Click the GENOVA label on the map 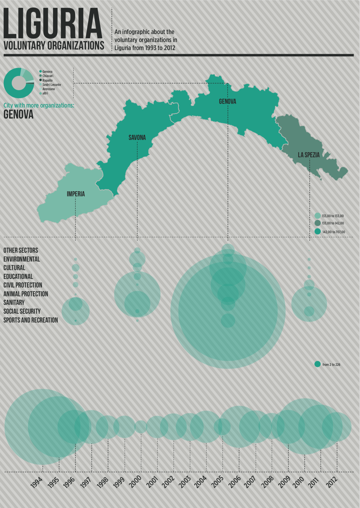pos(227,101)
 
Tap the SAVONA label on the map pos(137,137)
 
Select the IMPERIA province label pos(76,194)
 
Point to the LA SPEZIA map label pos(309,155)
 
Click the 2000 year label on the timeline pos(135,482)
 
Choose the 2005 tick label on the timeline pos(217,482)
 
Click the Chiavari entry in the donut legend pos(48,76)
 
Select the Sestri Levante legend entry pos(52,85)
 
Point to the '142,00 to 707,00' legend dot pos(317,232)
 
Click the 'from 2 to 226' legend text pos(331,364)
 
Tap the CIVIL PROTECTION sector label pos(23,285)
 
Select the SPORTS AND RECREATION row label pos(30,320)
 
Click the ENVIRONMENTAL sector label pos(22,259)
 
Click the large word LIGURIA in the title pos(53,24)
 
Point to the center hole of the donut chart pos(18,83)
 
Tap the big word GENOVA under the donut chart pos(18,114)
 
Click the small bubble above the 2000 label pos(141,427)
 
